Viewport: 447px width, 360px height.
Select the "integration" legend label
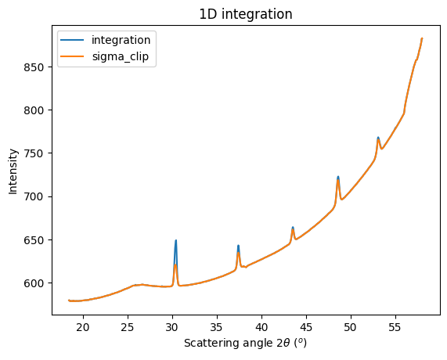coord(122,39)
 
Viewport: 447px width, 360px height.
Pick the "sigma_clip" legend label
coord(122,57)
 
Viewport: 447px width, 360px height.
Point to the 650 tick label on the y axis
coord(38,239)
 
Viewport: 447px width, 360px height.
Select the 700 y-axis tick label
coord(38,196)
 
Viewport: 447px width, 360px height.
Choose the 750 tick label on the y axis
coord(38,153)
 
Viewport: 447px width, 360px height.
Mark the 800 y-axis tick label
coord(38,110)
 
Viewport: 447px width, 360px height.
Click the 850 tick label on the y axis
coord(38,67)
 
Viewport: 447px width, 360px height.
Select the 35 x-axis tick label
coord(217,327)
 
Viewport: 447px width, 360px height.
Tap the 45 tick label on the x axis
coord(306,327)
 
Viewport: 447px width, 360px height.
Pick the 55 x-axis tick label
coord(395,327)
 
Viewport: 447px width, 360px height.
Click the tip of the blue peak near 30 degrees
coord(175,240)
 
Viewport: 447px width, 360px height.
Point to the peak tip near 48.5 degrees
coord(338,177)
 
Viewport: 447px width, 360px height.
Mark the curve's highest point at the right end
coord(422,38)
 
